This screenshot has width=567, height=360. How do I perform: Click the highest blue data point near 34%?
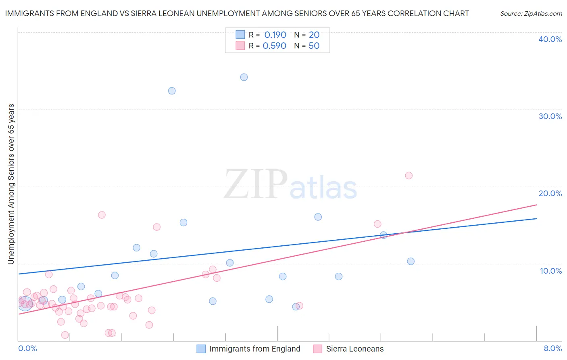tap(244, 77)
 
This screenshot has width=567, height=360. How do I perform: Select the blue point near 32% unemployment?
tap(172, 91)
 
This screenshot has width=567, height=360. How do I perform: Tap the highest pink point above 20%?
tap(409, 176)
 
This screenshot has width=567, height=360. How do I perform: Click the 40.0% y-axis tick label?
tap(550, 39)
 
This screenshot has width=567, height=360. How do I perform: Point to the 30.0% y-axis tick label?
tap(550, 116)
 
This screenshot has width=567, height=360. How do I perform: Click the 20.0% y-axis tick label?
tap(550, 193)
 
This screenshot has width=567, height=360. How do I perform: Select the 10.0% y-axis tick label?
tap(551, 271)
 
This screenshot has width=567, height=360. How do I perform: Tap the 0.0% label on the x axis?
tap(27, 349)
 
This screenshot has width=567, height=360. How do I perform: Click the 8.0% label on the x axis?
tap(552, 349)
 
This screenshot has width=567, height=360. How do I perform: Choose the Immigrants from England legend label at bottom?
tap(255, 349)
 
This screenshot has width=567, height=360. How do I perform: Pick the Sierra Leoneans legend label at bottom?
tap(355, 349)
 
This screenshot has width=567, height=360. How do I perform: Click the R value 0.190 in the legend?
tap(275, 35)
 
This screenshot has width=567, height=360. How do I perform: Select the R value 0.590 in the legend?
tap(275, 46)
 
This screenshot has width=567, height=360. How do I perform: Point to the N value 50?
tap(314, 46)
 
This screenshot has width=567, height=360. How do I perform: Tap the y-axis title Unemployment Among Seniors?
tap(11, 184)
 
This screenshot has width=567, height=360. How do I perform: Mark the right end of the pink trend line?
tap(536, 205)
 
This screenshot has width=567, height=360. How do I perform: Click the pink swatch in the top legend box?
tap(240, 46)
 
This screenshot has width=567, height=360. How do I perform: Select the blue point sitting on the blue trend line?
tap(384, 235)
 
